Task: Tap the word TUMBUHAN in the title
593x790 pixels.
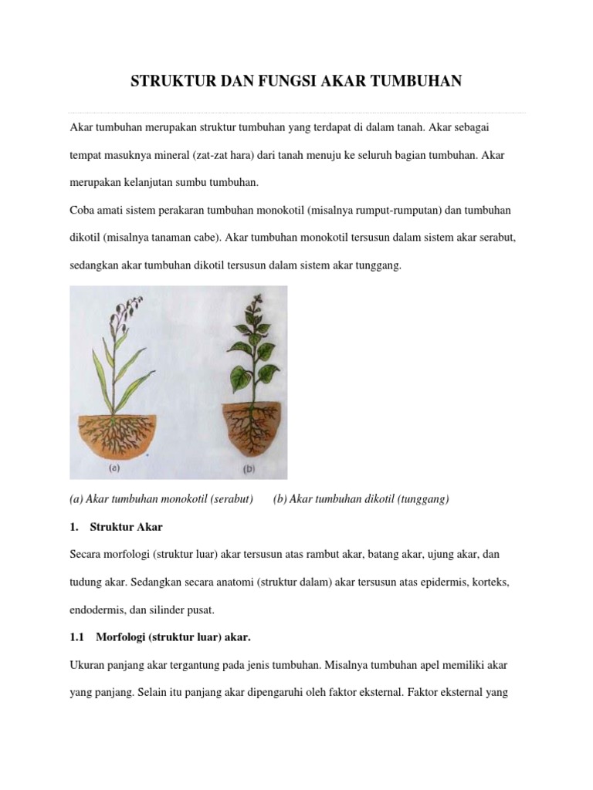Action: pyautogui.click(x=415, y=81)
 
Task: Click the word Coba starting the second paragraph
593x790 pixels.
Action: pyautogui.click(x=83, y=211)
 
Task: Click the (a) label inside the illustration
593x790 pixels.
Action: pyautogui.click(x=115, y=468)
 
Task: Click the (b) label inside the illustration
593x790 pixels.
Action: pyautogui.click(x=249, y=468)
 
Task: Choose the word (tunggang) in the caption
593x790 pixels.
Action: pyautogui.click(x=422, y=499)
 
